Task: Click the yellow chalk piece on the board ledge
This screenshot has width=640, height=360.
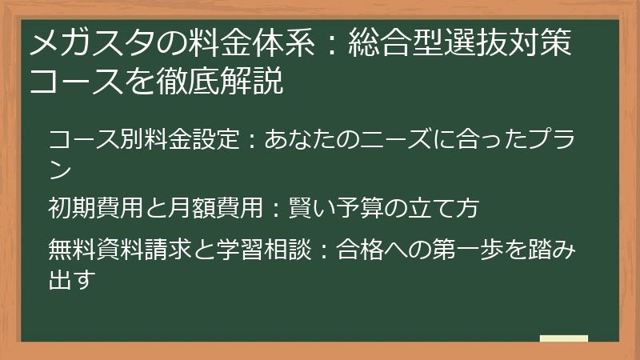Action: point(563,338)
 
